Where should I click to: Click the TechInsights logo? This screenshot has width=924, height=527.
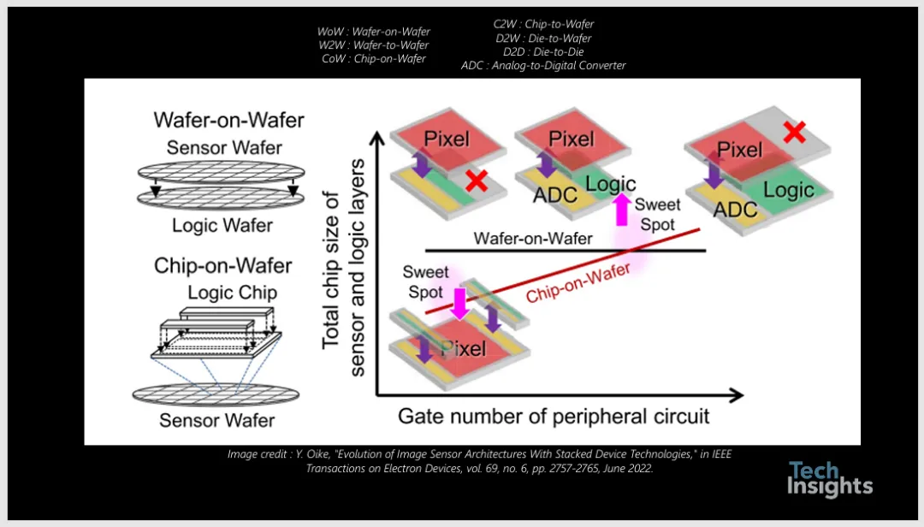pos(829,478)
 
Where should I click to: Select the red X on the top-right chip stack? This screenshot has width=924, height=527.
pos(794,132)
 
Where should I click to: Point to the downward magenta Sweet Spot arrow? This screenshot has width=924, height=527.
pos(460,302)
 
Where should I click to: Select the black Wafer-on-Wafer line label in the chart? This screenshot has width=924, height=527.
pos(532,238)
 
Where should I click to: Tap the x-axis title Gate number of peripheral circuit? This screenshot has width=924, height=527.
pos(554,417)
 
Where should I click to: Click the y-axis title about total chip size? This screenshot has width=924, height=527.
pos(342,253)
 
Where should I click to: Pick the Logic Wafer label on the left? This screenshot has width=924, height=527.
pos(222,226)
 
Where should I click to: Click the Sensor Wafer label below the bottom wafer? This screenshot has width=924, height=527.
pos(217,420)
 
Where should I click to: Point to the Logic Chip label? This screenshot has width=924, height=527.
pos(232,293)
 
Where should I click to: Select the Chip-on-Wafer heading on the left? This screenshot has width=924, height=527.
pos(216,266)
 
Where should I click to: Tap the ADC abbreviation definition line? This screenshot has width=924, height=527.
pos(543,65)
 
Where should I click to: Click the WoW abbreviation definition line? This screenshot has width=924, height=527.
pos(374,32)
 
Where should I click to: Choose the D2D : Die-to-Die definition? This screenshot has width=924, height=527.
pos(544,52)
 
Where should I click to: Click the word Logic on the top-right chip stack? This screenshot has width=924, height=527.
pos(788,190)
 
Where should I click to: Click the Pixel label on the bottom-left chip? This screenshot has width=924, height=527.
pos(463,347)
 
